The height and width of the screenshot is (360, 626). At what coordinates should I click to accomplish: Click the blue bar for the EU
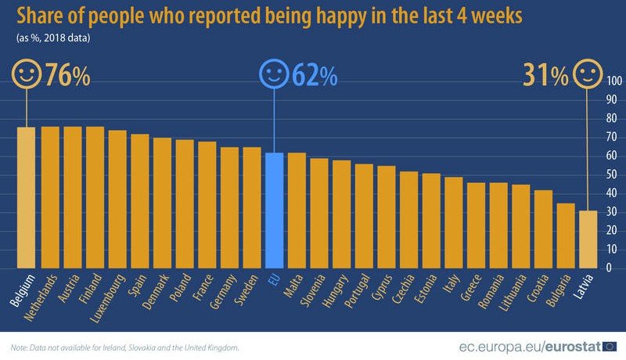(x=273, y=210)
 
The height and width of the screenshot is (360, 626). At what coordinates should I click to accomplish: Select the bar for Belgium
(x=27, y=197)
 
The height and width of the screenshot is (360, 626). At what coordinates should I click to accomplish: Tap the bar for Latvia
(x=588, y=239)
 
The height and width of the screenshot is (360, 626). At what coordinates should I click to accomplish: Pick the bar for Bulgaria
(x=565, y=235)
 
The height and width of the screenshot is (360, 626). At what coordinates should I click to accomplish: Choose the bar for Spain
(x=139, y=200)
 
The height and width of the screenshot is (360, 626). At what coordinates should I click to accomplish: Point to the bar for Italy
(x=453, y=221)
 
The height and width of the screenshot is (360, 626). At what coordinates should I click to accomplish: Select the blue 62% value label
(x=314, y=76)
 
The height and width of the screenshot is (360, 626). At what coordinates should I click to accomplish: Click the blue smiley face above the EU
(x=274, y=74)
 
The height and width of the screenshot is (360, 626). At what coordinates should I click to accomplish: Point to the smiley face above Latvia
(x=588, y=74)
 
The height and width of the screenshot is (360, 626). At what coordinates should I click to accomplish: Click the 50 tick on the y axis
(x=611, y=175)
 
